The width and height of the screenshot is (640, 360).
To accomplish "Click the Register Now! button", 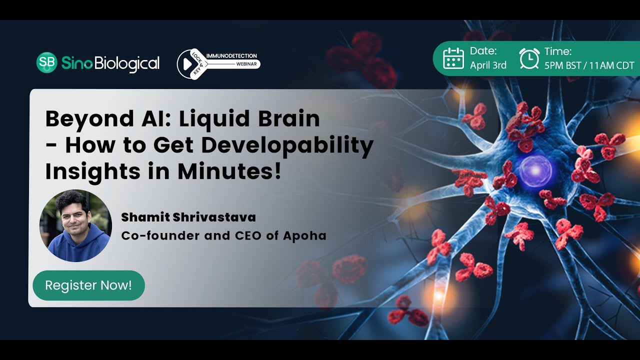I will (x=88, y=285).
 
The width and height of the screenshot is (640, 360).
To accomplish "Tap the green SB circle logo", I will (x=47, y=62).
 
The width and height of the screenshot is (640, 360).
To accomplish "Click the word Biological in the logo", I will (x=127, y=63).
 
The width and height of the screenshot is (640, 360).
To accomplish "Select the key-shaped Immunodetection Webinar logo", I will (x=218, y=63).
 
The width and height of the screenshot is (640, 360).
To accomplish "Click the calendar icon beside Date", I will (x=453, y=58).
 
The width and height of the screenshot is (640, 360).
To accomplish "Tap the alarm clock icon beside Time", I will (x=529, y=58).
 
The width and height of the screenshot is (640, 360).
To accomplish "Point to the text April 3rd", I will (x=488, y=65).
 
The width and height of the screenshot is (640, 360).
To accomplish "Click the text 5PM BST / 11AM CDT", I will (x=589, y=65).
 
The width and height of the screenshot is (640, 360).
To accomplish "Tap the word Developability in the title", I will (x=287, y=145).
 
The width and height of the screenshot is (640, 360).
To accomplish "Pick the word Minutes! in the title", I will (x=229, y=171).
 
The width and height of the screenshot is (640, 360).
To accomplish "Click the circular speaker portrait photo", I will (x=75, y=226).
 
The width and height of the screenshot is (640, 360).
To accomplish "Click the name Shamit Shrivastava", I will (x=188, y=217).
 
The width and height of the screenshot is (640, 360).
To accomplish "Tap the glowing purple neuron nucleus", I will (x=534, y=170).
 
